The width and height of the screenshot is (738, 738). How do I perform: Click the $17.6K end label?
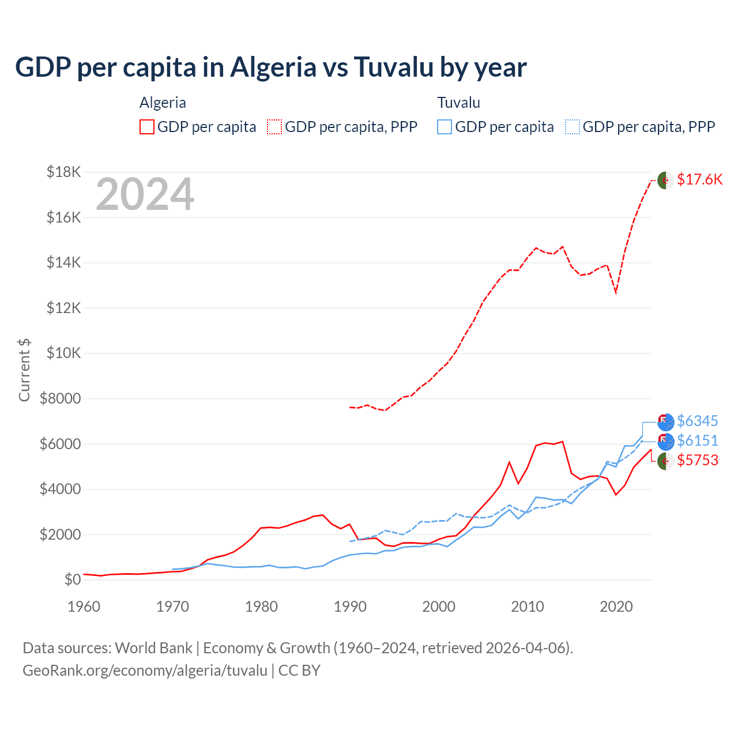click(699, 179)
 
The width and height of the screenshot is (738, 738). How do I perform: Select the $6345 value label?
click(697, 421)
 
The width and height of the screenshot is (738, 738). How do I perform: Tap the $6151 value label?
click(697, 440)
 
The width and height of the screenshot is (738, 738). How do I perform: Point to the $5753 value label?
click(697, 460)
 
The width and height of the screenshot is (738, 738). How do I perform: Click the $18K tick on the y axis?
click(64, 172)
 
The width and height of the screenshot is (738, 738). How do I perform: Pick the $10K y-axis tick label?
click(64, 353)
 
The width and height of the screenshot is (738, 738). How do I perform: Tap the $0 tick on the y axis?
click(73, 579)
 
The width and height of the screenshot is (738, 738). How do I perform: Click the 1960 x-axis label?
click(84, 607)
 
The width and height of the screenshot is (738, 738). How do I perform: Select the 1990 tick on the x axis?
click(350, 607)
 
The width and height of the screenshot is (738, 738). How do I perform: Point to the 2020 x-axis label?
click(616, 607)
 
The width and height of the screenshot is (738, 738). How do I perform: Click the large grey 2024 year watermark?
click(145, 194)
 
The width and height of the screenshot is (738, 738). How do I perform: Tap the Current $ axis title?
click(24, 370)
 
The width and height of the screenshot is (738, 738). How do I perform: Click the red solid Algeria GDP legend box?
click(147, 127)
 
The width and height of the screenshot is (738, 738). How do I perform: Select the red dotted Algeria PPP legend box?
click(274, 127)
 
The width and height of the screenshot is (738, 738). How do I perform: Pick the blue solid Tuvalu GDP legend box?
click(445, 127)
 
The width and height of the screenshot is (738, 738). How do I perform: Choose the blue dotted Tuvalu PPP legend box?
click(573, 127)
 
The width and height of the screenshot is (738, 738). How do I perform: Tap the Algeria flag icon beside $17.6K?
click(665, 180)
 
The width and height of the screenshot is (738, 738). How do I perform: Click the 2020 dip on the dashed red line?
click(616, 292)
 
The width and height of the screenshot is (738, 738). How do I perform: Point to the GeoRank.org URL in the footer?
click(145, 671)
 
